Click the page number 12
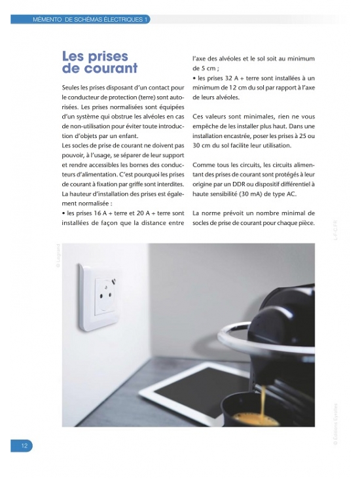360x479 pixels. [24, 446]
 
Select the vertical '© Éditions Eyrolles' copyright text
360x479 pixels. [336, 425]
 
